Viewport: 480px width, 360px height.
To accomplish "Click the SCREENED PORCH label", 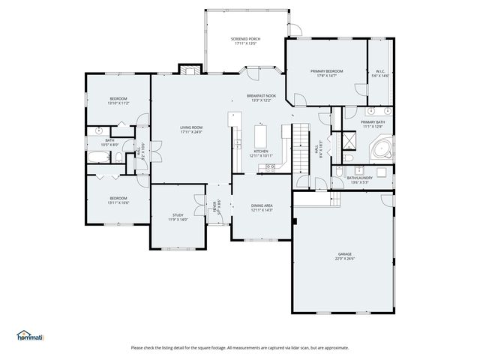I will [x=245, y=38].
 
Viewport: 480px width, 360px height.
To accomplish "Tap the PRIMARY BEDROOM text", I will [x=326, y=70].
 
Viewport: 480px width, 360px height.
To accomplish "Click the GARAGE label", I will [x=343, y=254].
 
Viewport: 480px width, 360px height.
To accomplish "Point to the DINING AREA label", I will [x=261, y=205].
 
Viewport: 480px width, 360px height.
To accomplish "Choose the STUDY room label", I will [x=178, y=215].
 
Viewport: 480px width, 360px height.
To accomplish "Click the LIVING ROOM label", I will [x=191, y=127].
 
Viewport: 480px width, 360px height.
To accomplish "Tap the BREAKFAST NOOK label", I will [x=261, y=96].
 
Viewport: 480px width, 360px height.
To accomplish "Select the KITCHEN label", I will [x=260, y=151].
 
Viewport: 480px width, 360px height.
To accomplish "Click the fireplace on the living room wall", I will [x=189, y=70].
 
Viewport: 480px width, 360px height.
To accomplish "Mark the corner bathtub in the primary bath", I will [x=382, y=148].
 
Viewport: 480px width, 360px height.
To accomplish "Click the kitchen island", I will [x=261, y=136].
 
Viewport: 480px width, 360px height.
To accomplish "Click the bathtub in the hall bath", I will [x=98, y=157].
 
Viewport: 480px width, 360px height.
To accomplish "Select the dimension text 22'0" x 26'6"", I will [x=343, y=259].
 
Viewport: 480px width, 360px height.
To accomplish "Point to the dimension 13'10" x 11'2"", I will [x=118, y=103].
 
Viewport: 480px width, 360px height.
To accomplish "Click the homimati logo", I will [x=30, y=335].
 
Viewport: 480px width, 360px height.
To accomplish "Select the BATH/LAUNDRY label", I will [x=359, y=178].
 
